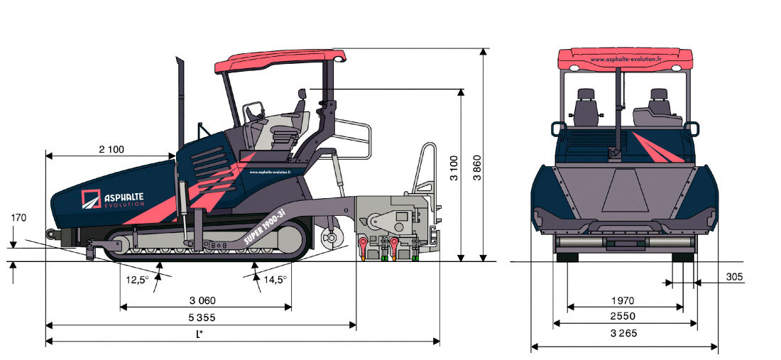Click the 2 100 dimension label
[x=111, y=149]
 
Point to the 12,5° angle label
[x=137, y=280]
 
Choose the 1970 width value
[x=622, y=300]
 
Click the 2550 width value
[x=622, y=317]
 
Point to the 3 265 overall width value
[x=623, y=333]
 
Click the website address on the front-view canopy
[x=625, y=60]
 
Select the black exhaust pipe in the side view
[x=180, y=99]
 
